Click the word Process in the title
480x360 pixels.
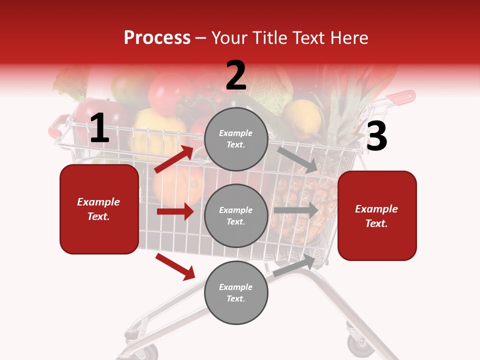pos(157,38)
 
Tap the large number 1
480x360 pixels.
pos(99,128)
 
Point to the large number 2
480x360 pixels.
pos(236,76)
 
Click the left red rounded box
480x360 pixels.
pos(99,209)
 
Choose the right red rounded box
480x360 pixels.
pos(377,215)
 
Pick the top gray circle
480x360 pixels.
pos(236,139)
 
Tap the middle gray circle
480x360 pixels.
pos(236,216)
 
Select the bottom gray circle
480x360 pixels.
pos(236,293)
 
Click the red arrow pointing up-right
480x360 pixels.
pos(174,159)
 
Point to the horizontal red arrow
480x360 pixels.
pos(175,211)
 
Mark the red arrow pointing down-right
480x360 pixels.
pos(175,266)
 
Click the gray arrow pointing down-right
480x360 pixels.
pos(297,159)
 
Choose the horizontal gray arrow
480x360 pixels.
pos(296,210)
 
